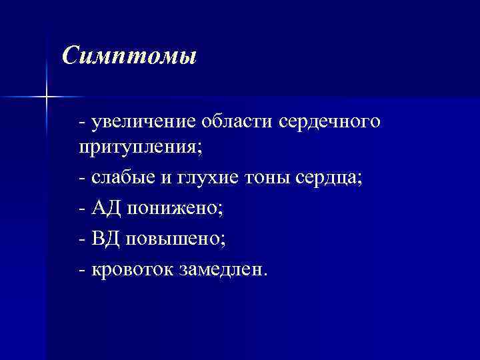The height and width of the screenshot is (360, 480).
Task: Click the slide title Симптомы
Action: click(x=129, y=55)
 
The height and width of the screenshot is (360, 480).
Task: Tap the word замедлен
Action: click(x=223, y=269)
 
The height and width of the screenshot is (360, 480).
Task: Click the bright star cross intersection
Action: click(x=47, y=97)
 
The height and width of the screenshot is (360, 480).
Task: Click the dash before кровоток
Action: click(x=81, y=269)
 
